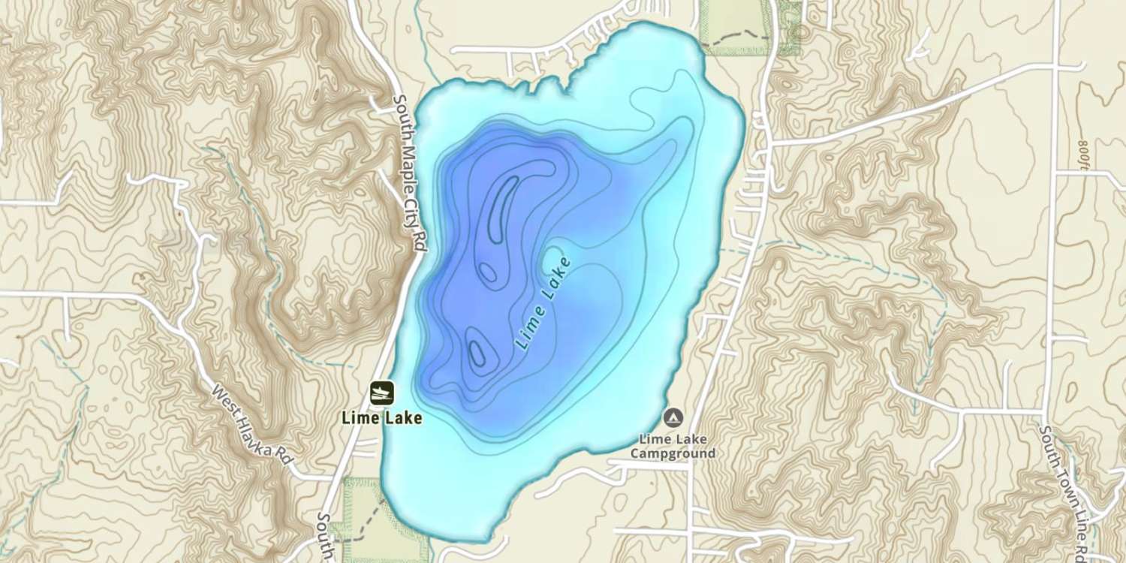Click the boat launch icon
tap(382, 392)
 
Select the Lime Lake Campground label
tap(673, 446)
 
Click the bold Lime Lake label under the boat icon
tap(381, 418)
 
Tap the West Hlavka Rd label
tap(251, 424)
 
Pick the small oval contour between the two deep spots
tap(488, 272)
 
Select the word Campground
tap(673, 453)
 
